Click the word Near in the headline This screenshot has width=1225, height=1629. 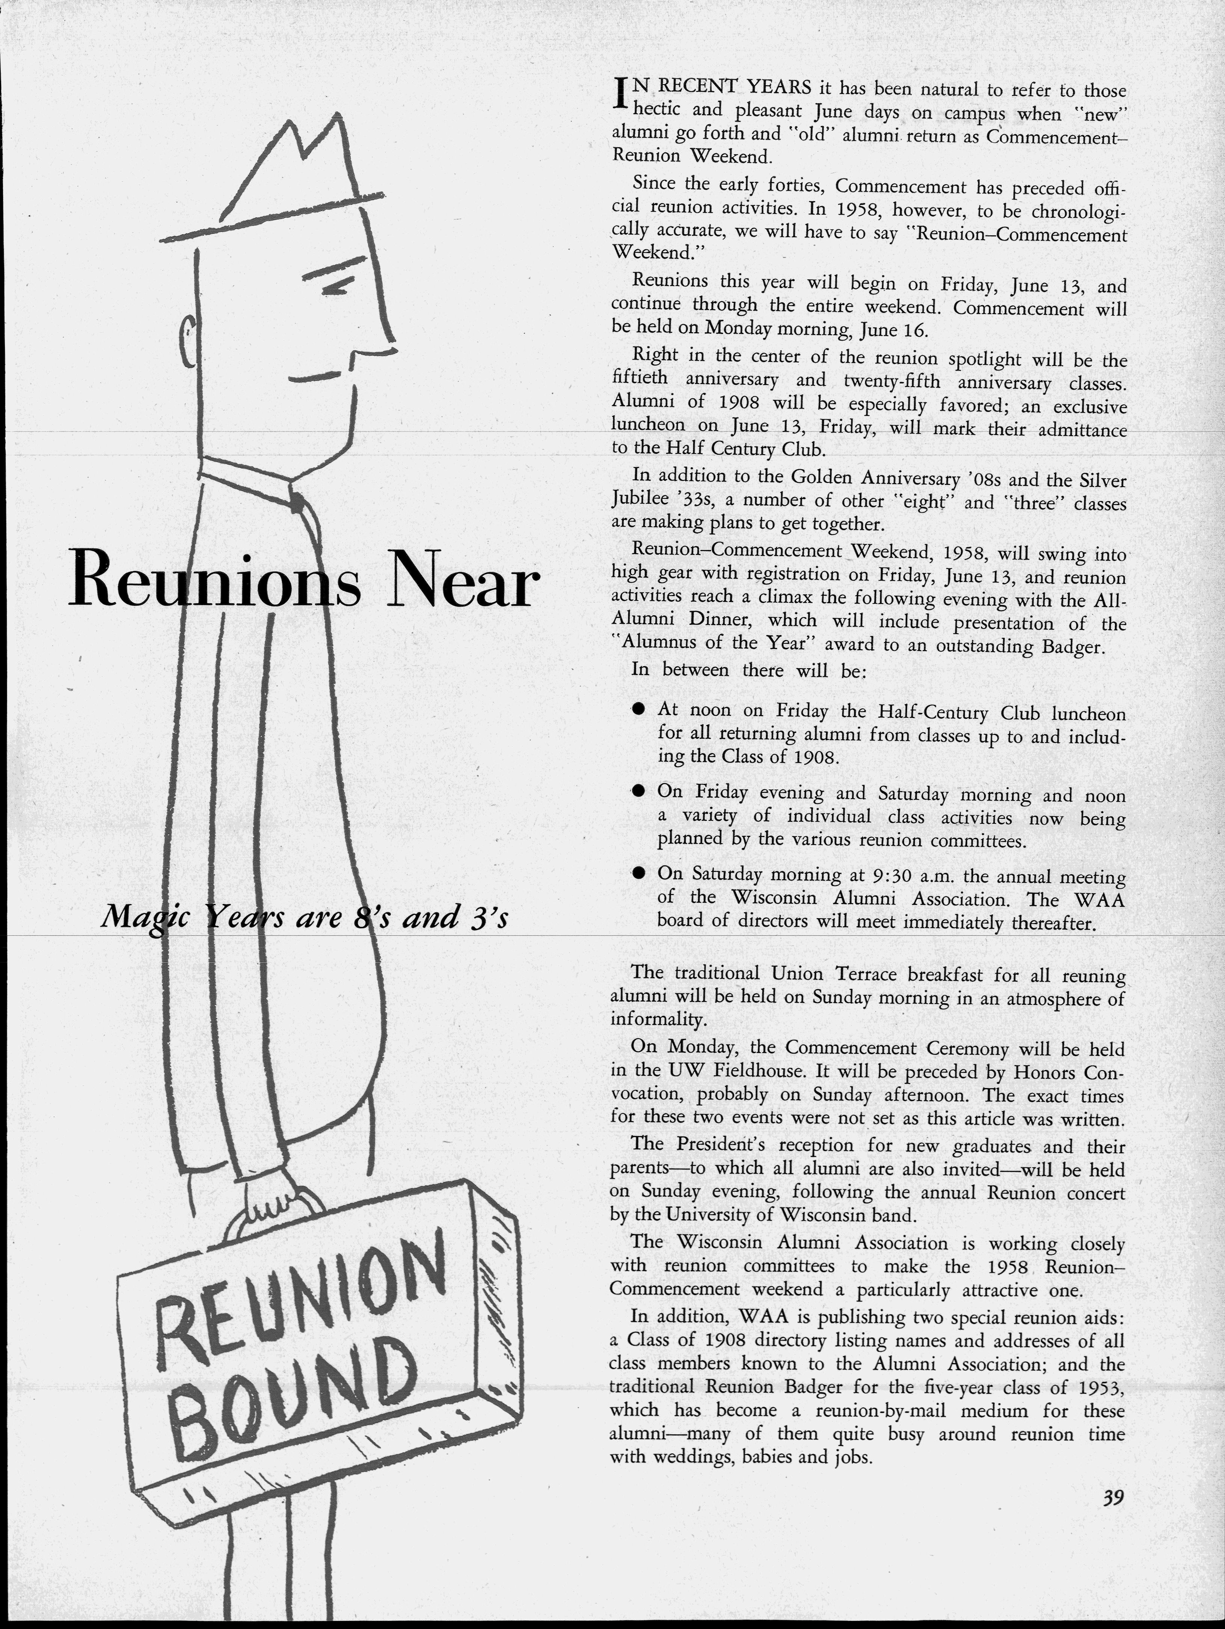(461, 583)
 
